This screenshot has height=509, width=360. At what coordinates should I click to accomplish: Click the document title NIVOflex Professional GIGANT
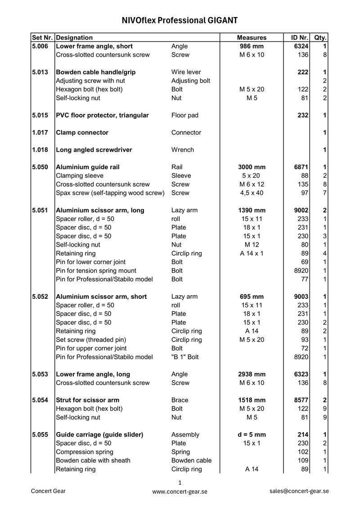(180, 21)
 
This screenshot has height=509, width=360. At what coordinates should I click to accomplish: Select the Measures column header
(252, 38)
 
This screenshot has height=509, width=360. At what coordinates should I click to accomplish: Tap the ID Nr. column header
(297, 38)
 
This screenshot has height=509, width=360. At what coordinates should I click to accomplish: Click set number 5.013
(40, 72)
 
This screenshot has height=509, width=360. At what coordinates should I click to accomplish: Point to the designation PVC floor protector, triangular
(102, 115)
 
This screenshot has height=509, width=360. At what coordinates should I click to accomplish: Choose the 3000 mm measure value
(252, 167)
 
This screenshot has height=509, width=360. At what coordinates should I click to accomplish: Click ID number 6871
(301, 167)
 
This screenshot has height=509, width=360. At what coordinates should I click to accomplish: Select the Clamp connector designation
(82, 133)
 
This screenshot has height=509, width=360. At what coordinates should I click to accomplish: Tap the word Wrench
(183, 150)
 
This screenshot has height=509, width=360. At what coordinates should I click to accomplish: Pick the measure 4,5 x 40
(252, 193)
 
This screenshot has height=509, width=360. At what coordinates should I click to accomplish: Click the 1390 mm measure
(252, 210)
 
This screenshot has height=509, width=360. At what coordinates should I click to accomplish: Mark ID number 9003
(301, 297)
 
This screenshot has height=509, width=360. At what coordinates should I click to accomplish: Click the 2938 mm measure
(252, 374)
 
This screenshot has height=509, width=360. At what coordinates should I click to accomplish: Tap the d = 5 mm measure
(252, 435)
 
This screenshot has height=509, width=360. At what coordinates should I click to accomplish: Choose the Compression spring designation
(85, 452)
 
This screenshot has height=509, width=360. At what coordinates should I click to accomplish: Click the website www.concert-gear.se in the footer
(180, 492)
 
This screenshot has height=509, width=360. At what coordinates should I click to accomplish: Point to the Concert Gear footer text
(48, 491)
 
